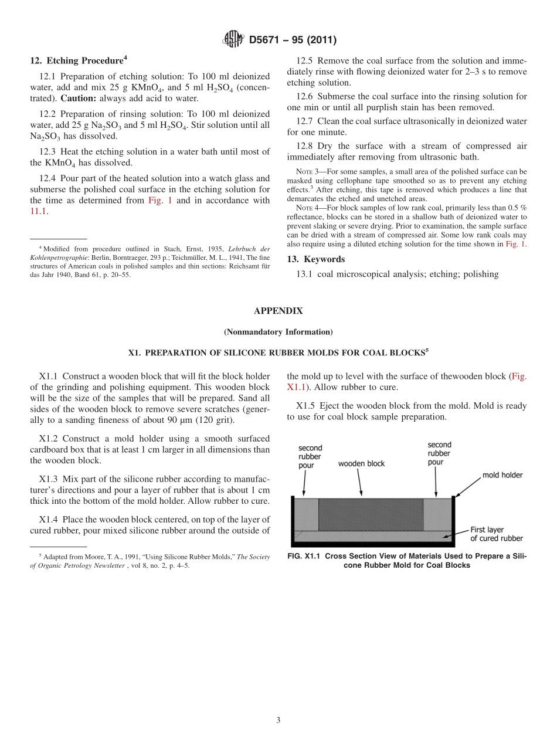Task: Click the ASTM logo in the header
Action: (x=233, y=40)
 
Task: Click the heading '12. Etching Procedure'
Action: (x=78, y=60)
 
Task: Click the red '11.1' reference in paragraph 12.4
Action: (x=38, y=211)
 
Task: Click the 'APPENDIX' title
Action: (x=278, y=311)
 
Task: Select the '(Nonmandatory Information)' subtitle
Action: (x=278, y=332)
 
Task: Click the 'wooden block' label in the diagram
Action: (x=361, y=463)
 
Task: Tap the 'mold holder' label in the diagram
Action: (x=502, y=474)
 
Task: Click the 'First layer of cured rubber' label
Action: (x=496, y=534)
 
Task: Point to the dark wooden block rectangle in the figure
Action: (x=370, y=514)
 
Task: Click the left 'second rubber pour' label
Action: (x=310, y=456)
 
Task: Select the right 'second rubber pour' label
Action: (x=439, y=453)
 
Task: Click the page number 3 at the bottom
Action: (x=278, y=721)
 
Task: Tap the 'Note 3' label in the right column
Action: (x=305, y=172)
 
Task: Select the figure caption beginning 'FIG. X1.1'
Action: (x=407, y=561)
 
